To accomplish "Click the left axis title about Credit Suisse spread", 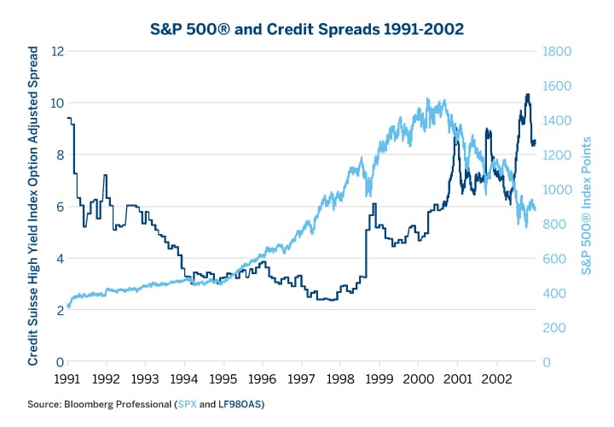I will [x=33, y=207].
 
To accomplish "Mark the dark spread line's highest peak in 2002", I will [x=527, y=95].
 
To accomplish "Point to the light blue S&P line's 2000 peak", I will [x=425, y=100].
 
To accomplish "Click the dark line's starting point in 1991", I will [x=67, y=118].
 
